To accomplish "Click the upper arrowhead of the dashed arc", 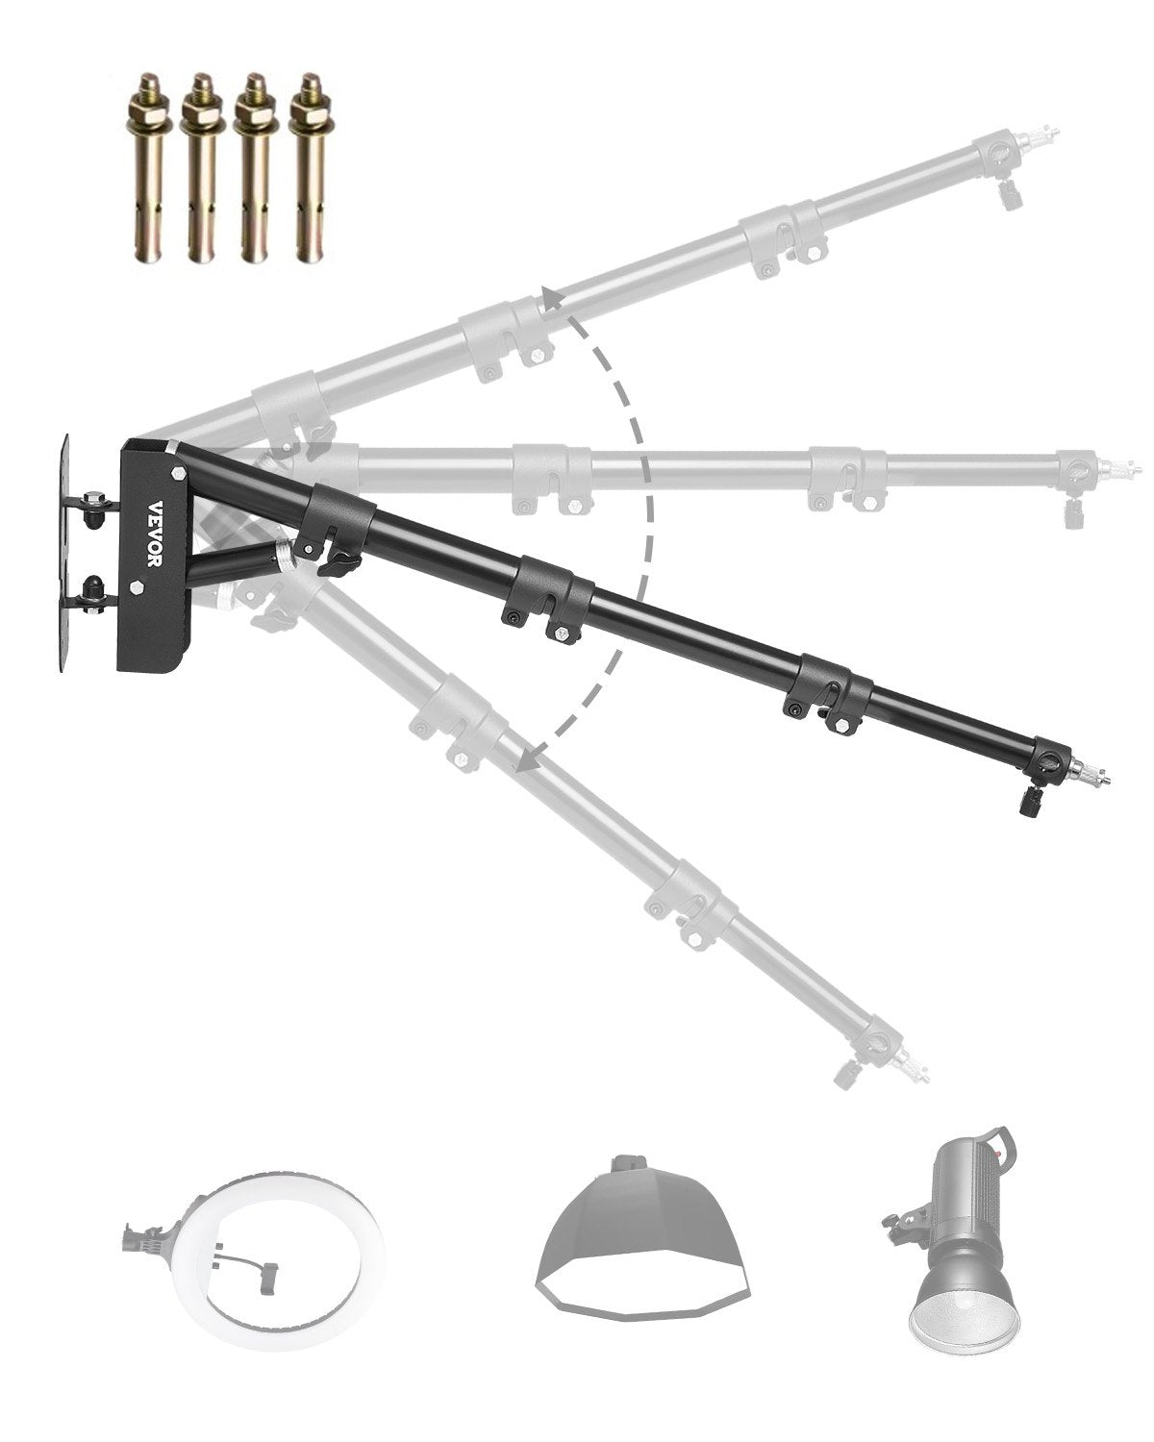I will pos(550,299).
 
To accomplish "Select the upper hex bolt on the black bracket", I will pos(179,473).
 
